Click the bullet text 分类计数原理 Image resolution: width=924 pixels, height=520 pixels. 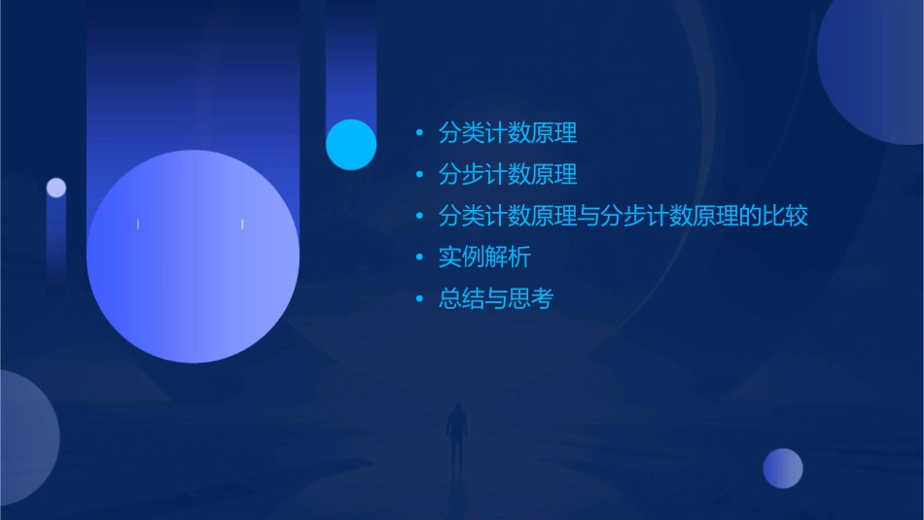click(x=508, y=132)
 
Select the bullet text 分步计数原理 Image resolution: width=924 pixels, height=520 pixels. click(x=508, y=174)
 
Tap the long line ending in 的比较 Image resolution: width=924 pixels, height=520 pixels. click(x=623, y=216)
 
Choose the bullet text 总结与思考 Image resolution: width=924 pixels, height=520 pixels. click(x=496, y=299)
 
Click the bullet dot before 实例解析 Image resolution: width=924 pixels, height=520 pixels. click(x=419, y=258)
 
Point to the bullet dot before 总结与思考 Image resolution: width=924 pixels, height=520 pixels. click(x=419, y=299)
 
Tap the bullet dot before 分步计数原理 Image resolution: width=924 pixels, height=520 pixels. click(x=419, y=175)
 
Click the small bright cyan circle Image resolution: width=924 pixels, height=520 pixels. click(x=351, y=144)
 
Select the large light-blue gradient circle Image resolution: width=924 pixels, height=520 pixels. click(x=193, y=256)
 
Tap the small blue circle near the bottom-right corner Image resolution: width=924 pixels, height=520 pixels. click(x=783, y=468)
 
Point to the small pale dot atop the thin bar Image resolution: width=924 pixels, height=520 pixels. click(x=56, y=188)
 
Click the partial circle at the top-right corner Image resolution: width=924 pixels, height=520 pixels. click(x=875, y=68)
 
